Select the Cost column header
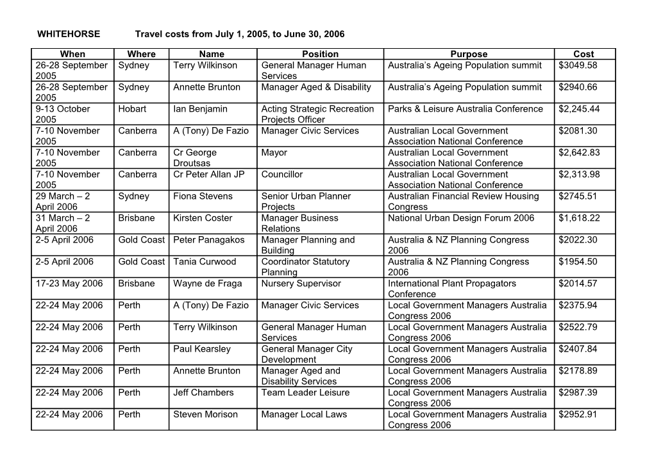coord(583,54)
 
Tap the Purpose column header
coord(469,54)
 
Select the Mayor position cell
coord(274,152)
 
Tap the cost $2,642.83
coord(580,152)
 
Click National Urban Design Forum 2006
coord(461,218)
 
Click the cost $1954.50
coord(578,261)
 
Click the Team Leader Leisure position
coord(305,392)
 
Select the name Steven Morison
coord(205,414)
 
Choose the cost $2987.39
coord(578,392)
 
